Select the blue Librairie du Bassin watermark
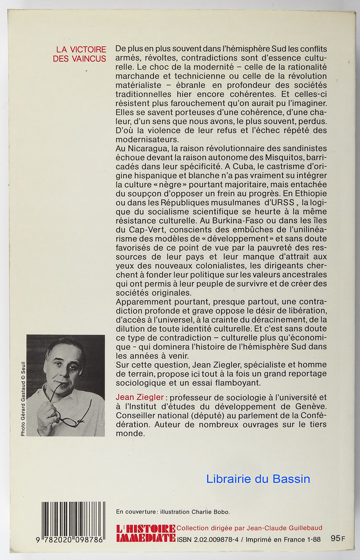259,479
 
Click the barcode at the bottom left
73,522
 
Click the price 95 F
335,538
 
